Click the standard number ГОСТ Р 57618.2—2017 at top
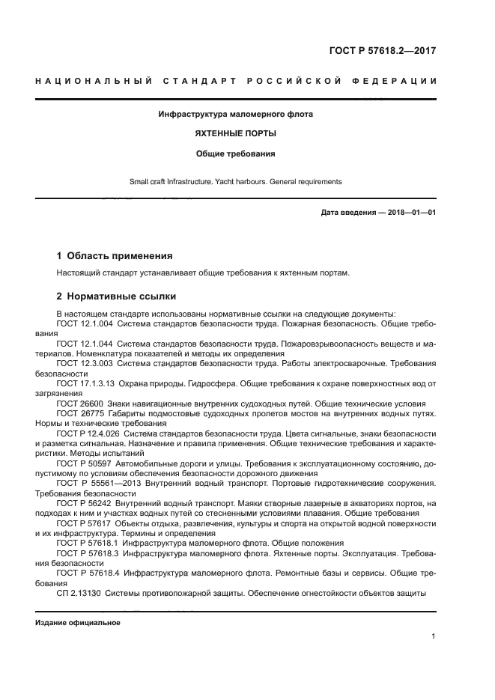pos(382,51)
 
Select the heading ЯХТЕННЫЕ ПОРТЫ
pos(236,134)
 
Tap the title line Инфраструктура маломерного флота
pos(236,115)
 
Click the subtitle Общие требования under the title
pos(236,153)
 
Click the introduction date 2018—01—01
pos(410,213)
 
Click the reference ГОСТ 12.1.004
pos(84,324)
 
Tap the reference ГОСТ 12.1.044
pos(84,344)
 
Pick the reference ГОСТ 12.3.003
pos(84,363)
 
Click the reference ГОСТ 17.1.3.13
pos(85,383)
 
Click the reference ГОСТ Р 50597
pos(81,463)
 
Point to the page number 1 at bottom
pos(434,636)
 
